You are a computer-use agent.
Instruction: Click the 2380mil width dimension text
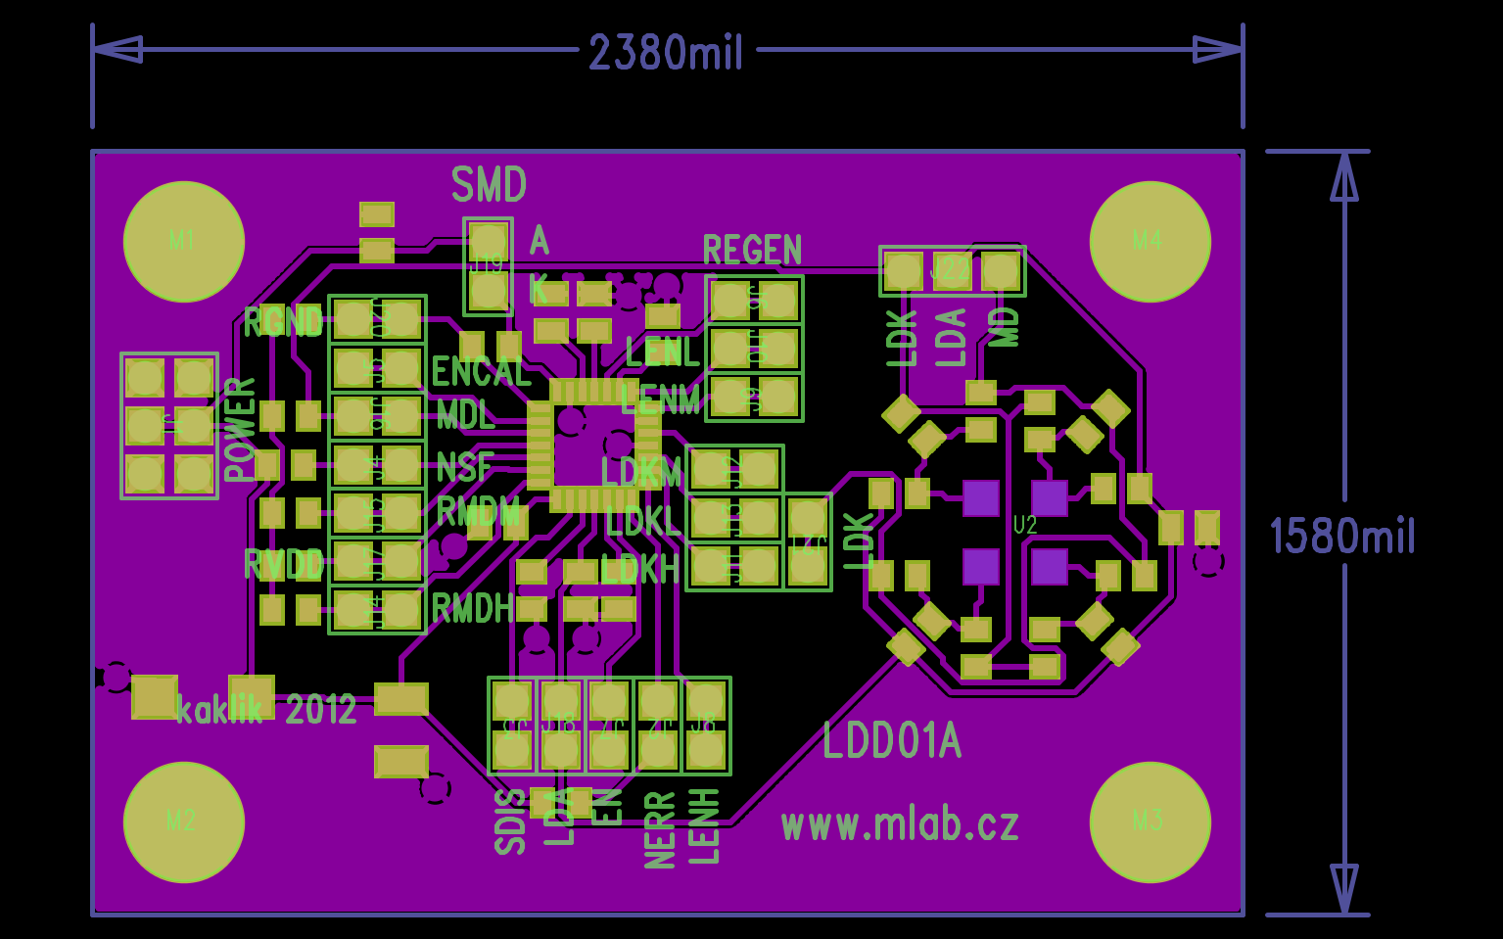666,52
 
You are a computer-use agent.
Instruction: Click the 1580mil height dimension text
1342,537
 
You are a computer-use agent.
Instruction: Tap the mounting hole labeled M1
183,241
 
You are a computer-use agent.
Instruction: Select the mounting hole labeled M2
183,821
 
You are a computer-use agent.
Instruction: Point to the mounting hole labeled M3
1150,821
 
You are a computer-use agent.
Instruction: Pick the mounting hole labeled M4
1150,241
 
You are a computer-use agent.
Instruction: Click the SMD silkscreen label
489,184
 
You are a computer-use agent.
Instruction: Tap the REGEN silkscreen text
752,251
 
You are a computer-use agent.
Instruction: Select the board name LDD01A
891,741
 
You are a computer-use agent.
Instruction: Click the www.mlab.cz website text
900,824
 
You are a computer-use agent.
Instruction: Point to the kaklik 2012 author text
266,708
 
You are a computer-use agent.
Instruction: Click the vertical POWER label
240,429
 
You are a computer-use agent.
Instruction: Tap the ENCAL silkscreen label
481,372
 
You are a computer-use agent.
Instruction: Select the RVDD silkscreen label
283,564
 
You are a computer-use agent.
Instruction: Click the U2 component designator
1024,525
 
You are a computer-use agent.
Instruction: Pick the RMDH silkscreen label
473,609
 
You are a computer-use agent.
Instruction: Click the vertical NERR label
661,830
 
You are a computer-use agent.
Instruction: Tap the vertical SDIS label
510,822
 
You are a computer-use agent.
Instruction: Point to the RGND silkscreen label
283,321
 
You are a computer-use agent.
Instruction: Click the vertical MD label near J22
1005,327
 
